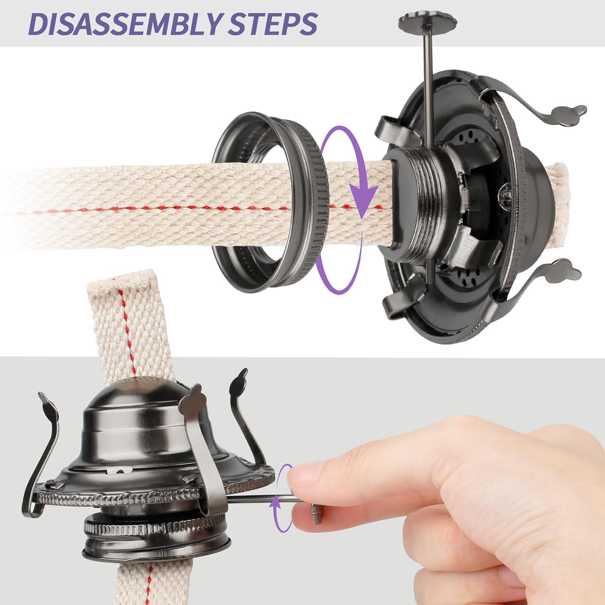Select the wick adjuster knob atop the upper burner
427,19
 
